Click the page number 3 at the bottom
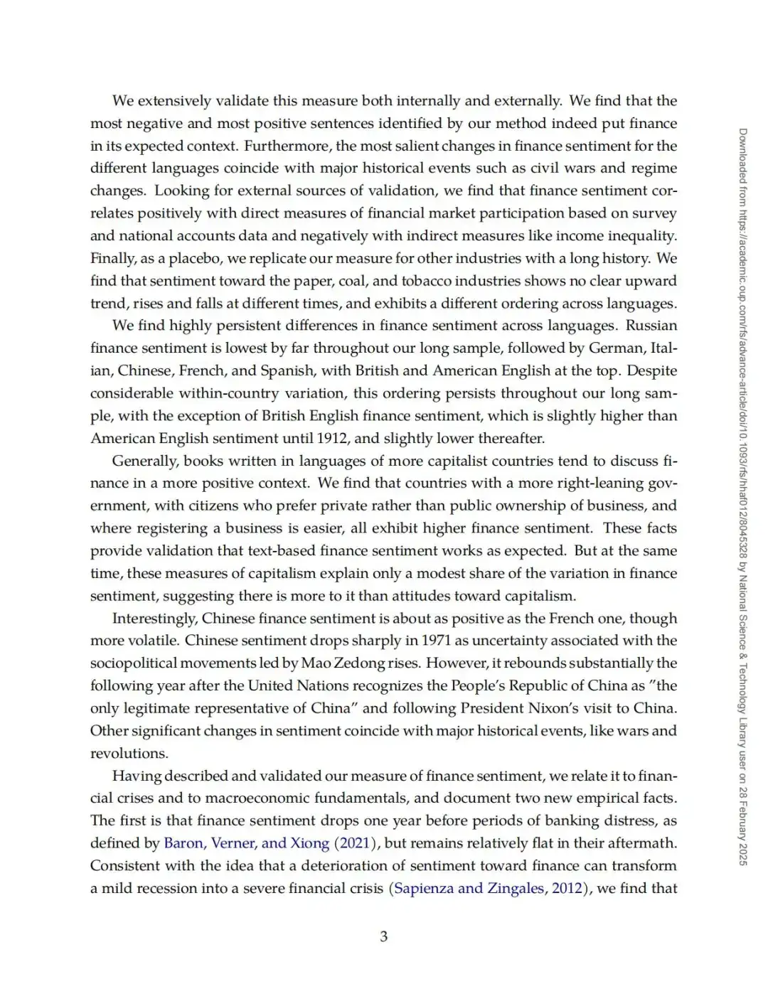click(x=384, y=936)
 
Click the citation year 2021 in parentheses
click(x=356, y=843)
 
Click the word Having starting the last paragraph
click(x=136, y=776)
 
